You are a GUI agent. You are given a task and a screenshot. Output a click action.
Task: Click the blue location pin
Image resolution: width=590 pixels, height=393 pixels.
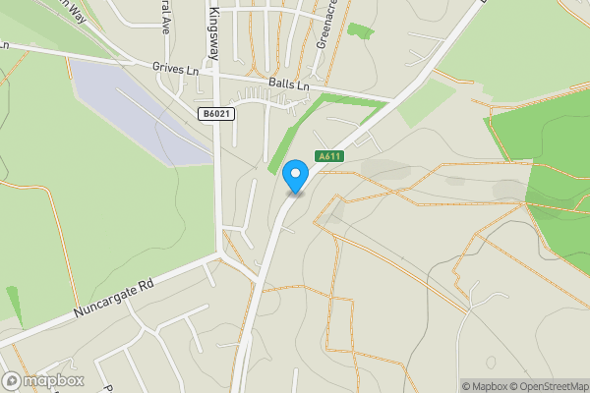[294, 178]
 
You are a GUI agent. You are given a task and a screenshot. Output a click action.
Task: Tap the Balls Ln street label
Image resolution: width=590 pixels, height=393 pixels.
[289, 86]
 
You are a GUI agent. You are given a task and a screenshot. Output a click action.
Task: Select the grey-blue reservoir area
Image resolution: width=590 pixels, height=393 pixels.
[138, 108]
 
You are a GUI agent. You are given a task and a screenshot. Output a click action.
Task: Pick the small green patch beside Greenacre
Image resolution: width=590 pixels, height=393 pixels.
[360, 30]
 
